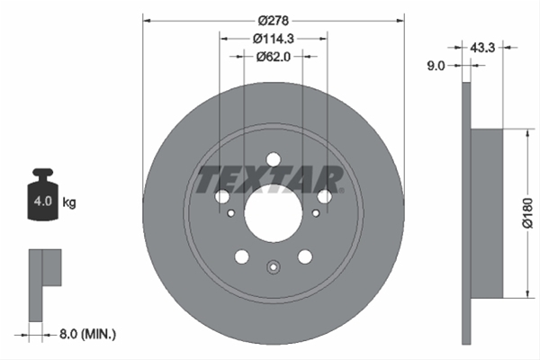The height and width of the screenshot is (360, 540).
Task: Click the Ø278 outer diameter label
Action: click(x=274, y=21)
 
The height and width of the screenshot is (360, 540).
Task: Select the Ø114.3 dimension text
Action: click(x=274, y=39)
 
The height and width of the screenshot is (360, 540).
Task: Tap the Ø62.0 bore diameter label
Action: click(x=274, y=57)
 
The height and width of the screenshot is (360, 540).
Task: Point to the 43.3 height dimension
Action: click(x=482, y=48)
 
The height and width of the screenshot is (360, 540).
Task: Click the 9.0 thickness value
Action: click(x=436, y=66)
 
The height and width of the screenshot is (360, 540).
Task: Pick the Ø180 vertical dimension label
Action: click(x=527, y=213)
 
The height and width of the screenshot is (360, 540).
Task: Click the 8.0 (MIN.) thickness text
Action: click(x=88, y=334)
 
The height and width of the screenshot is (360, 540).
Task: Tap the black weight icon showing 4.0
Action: click(x=43, y=194)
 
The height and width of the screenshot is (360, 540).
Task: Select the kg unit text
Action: click(x=69, y=202)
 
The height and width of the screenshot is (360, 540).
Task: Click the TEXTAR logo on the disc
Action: click(x=270, y=179)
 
